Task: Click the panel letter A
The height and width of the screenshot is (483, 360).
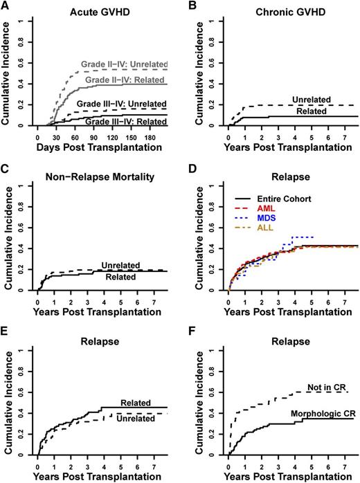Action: point(6,6)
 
